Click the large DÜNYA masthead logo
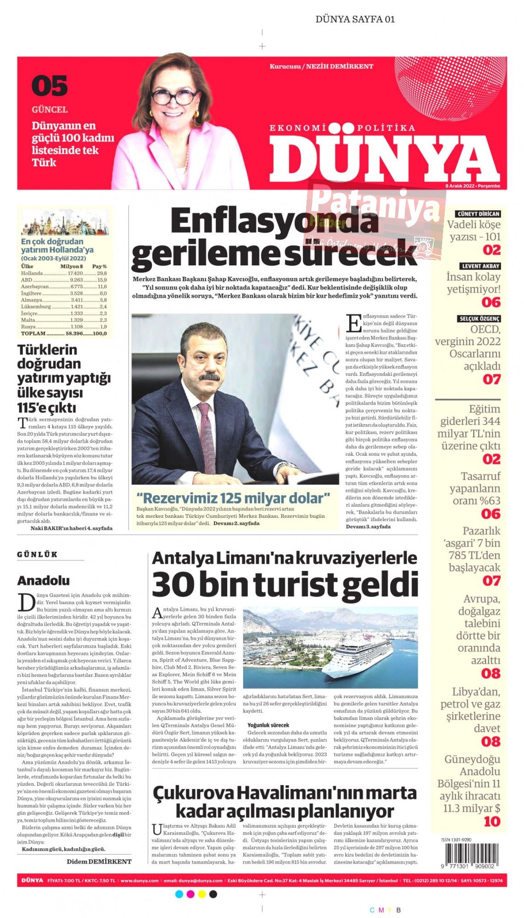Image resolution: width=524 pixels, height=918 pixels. (385, 158)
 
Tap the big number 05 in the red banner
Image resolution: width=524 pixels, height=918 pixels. (50, 86)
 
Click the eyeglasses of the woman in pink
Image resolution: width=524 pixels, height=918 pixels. (174, 97)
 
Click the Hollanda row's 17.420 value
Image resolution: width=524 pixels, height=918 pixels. (75, 273)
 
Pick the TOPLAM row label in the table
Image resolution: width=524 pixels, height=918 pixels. (33, 333)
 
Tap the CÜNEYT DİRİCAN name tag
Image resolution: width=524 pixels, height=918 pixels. (478, 214)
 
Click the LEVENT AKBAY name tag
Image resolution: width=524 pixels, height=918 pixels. (480, 266)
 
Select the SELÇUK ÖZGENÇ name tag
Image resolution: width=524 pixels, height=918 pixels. (479, 319)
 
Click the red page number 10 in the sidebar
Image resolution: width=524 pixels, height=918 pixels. (492, 821)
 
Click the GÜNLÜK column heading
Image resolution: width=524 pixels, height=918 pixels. (37, 554)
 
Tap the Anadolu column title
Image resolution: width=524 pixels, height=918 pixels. (44, 581)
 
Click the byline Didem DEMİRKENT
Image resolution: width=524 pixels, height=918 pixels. (99, 862)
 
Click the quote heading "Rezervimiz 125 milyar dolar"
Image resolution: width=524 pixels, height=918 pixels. (234, 498)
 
